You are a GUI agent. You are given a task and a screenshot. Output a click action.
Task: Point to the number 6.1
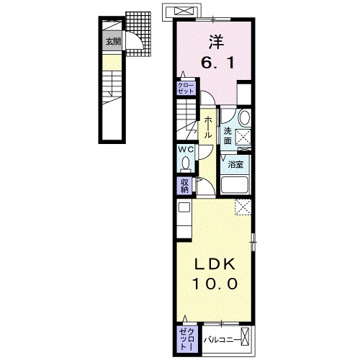click(x=214, y=64)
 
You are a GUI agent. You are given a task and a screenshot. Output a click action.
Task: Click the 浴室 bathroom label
click(x=235, y=165)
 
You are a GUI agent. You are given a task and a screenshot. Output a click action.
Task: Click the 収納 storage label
click(x=185, y=185)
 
